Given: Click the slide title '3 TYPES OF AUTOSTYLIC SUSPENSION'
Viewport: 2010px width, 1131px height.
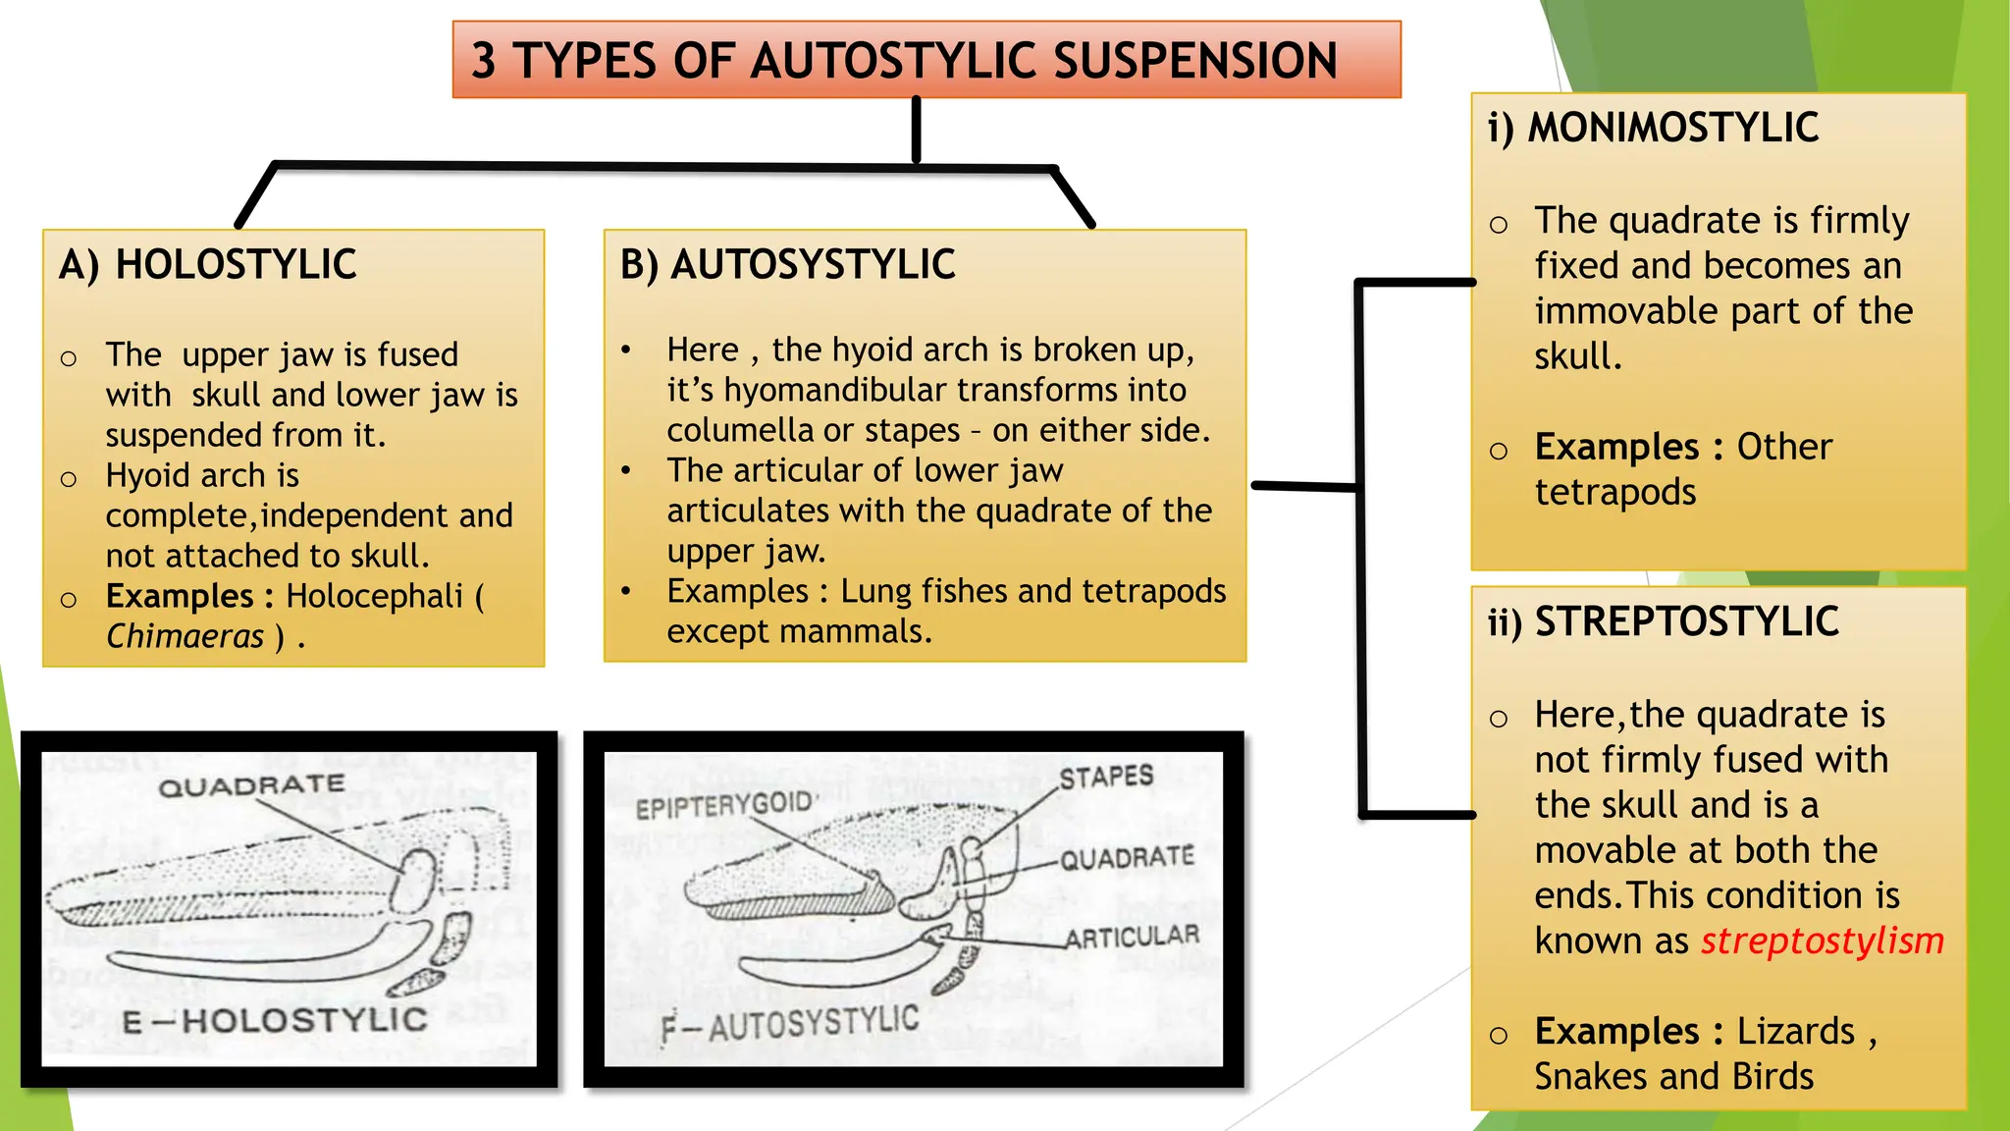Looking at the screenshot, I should pyautogui.click(x=904, y=61).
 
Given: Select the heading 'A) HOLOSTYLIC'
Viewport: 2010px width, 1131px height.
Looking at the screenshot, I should pyautogui.click(x=207, y=265).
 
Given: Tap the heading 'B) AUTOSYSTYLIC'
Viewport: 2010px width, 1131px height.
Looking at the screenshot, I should pyautogui.click(x=787, y=265).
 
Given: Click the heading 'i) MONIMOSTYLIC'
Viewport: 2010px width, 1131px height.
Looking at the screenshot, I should pyautogui.click(x=1653, y=128).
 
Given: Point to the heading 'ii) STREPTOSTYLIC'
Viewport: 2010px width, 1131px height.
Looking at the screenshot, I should pyautogui.click(x=1663, y=621).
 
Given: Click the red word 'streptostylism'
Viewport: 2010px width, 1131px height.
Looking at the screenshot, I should pyautogui.click(x=1822, y=941).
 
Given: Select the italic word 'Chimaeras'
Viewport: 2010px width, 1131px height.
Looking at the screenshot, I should pyautogui.click(x=185, y=636).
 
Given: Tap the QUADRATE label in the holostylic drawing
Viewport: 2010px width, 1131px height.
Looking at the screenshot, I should pyautogui.click(x=251, y=786).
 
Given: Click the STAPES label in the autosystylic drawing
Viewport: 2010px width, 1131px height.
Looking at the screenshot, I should pyautogui.click(x=1106, y=778).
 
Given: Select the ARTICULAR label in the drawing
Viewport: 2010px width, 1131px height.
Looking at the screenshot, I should pyautogui.click(x=1133, y=938).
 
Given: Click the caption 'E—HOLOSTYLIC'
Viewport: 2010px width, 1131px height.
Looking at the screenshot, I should pyautogui.click(x=275, y=1021).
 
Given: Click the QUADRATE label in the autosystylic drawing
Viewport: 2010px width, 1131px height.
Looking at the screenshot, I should pyautogui.click(x=1127, y=859).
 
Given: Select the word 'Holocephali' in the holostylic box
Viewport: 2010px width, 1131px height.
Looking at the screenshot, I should pyautogui.click(x=374, y=596).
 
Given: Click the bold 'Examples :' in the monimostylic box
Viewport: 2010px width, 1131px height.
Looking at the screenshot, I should pyautogui.click(x=1628, y=448).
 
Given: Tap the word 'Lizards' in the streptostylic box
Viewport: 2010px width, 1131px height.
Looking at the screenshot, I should pyautogui.click(x=1795, y=1032).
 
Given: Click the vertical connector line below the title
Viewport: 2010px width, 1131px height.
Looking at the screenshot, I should pyautogui.click(x=916, y=131).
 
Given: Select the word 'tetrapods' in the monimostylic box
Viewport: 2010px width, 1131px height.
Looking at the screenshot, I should pyautogui.click(x=1615, y=492).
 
